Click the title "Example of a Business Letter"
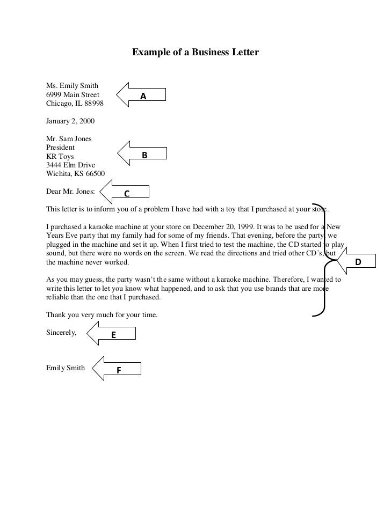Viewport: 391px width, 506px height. point(195,53)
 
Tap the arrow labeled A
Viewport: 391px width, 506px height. point(141,96)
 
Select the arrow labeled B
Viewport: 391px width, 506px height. point(142,155)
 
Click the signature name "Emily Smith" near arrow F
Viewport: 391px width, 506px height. point(66,368)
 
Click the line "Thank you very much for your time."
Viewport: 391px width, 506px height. point(102,315)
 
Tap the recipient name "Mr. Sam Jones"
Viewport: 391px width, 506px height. point(69,138)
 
